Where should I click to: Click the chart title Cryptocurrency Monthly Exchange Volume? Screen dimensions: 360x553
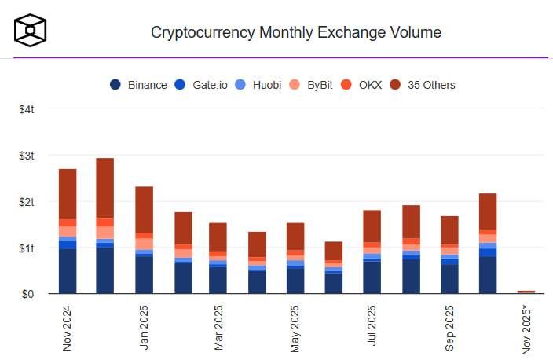coord(295,33)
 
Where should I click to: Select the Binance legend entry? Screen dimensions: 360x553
coord(138,85)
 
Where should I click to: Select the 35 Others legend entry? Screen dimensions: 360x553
coord(430,85)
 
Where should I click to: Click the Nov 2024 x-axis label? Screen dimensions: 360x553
coord(68,329)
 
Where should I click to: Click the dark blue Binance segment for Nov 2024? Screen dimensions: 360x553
coord(68,271)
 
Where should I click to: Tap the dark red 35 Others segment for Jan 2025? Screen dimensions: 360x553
coord(144,209)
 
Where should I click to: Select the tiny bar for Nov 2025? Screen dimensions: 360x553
coord(526,292)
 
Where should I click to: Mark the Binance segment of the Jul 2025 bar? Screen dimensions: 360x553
coord(372,277)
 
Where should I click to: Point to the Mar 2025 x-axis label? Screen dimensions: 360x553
coord(220,329)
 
